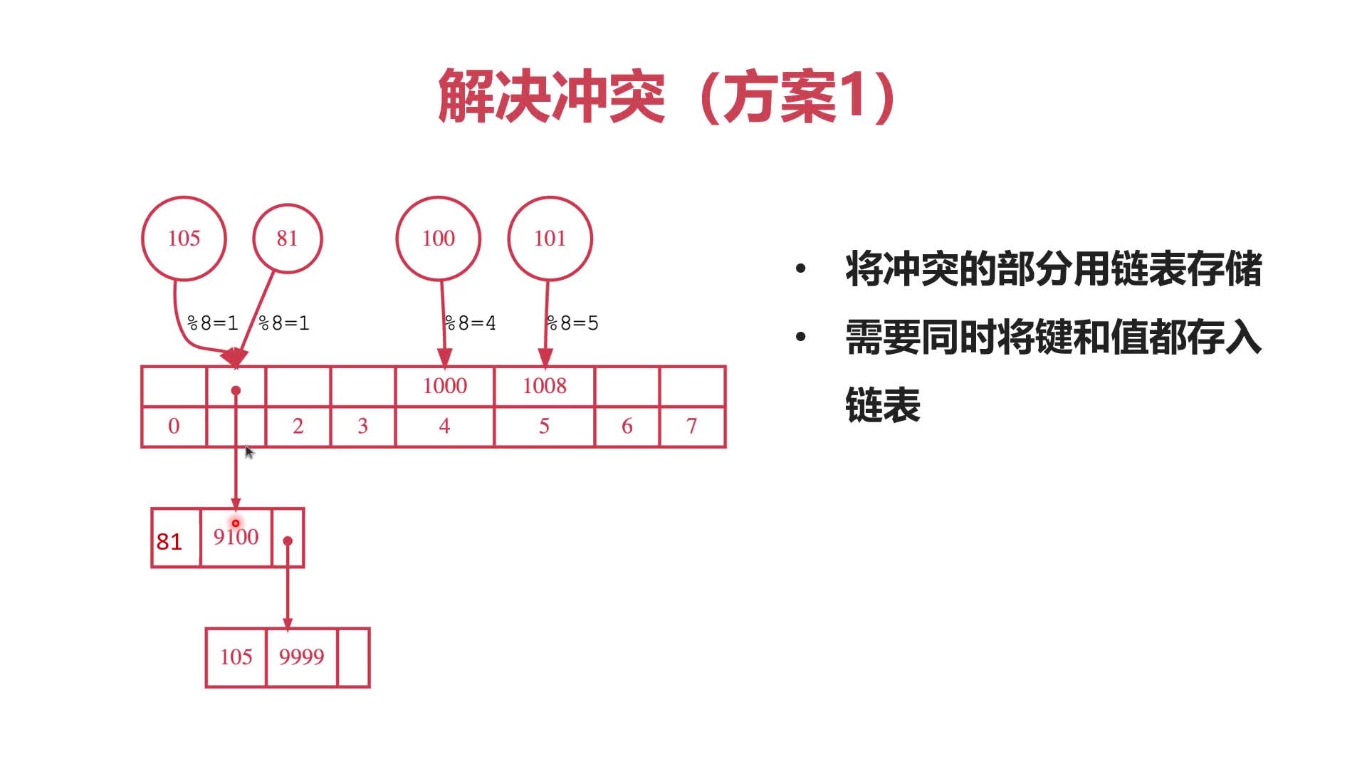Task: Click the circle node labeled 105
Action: (x=184, y=239)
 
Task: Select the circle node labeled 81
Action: (x=287, y=239)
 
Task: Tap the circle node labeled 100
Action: (x=438, y=239)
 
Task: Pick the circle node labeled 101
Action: (x=550, y=239)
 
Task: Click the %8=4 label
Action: (x=471, y=323)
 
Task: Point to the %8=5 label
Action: (x=573, y=323)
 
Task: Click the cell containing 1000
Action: (x=445, y=386)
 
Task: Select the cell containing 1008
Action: (x=545, y=386)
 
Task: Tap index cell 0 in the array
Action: (x=174, y=427)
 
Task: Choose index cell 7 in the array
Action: (x=691, y=427)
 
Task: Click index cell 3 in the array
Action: (x=362, y=427)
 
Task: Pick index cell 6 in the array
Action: (x=627, y=427)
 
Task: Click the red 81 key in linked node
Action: (x=169, y=542)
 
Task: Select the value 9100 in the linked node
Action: (x=236, y=537)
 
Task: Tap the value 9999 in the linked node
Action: (x=301, y=657)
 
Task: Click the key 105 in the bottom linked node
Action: (x=236, y=657)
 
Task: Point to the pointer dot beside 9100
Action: (x=288, y=541)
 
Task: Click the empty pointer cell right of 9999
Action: (x=353, y=657)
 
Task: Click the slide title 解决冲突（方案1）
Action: (x=667, y=96)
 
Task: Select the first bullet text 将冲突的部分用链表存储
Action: (x=1053, y=269)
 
